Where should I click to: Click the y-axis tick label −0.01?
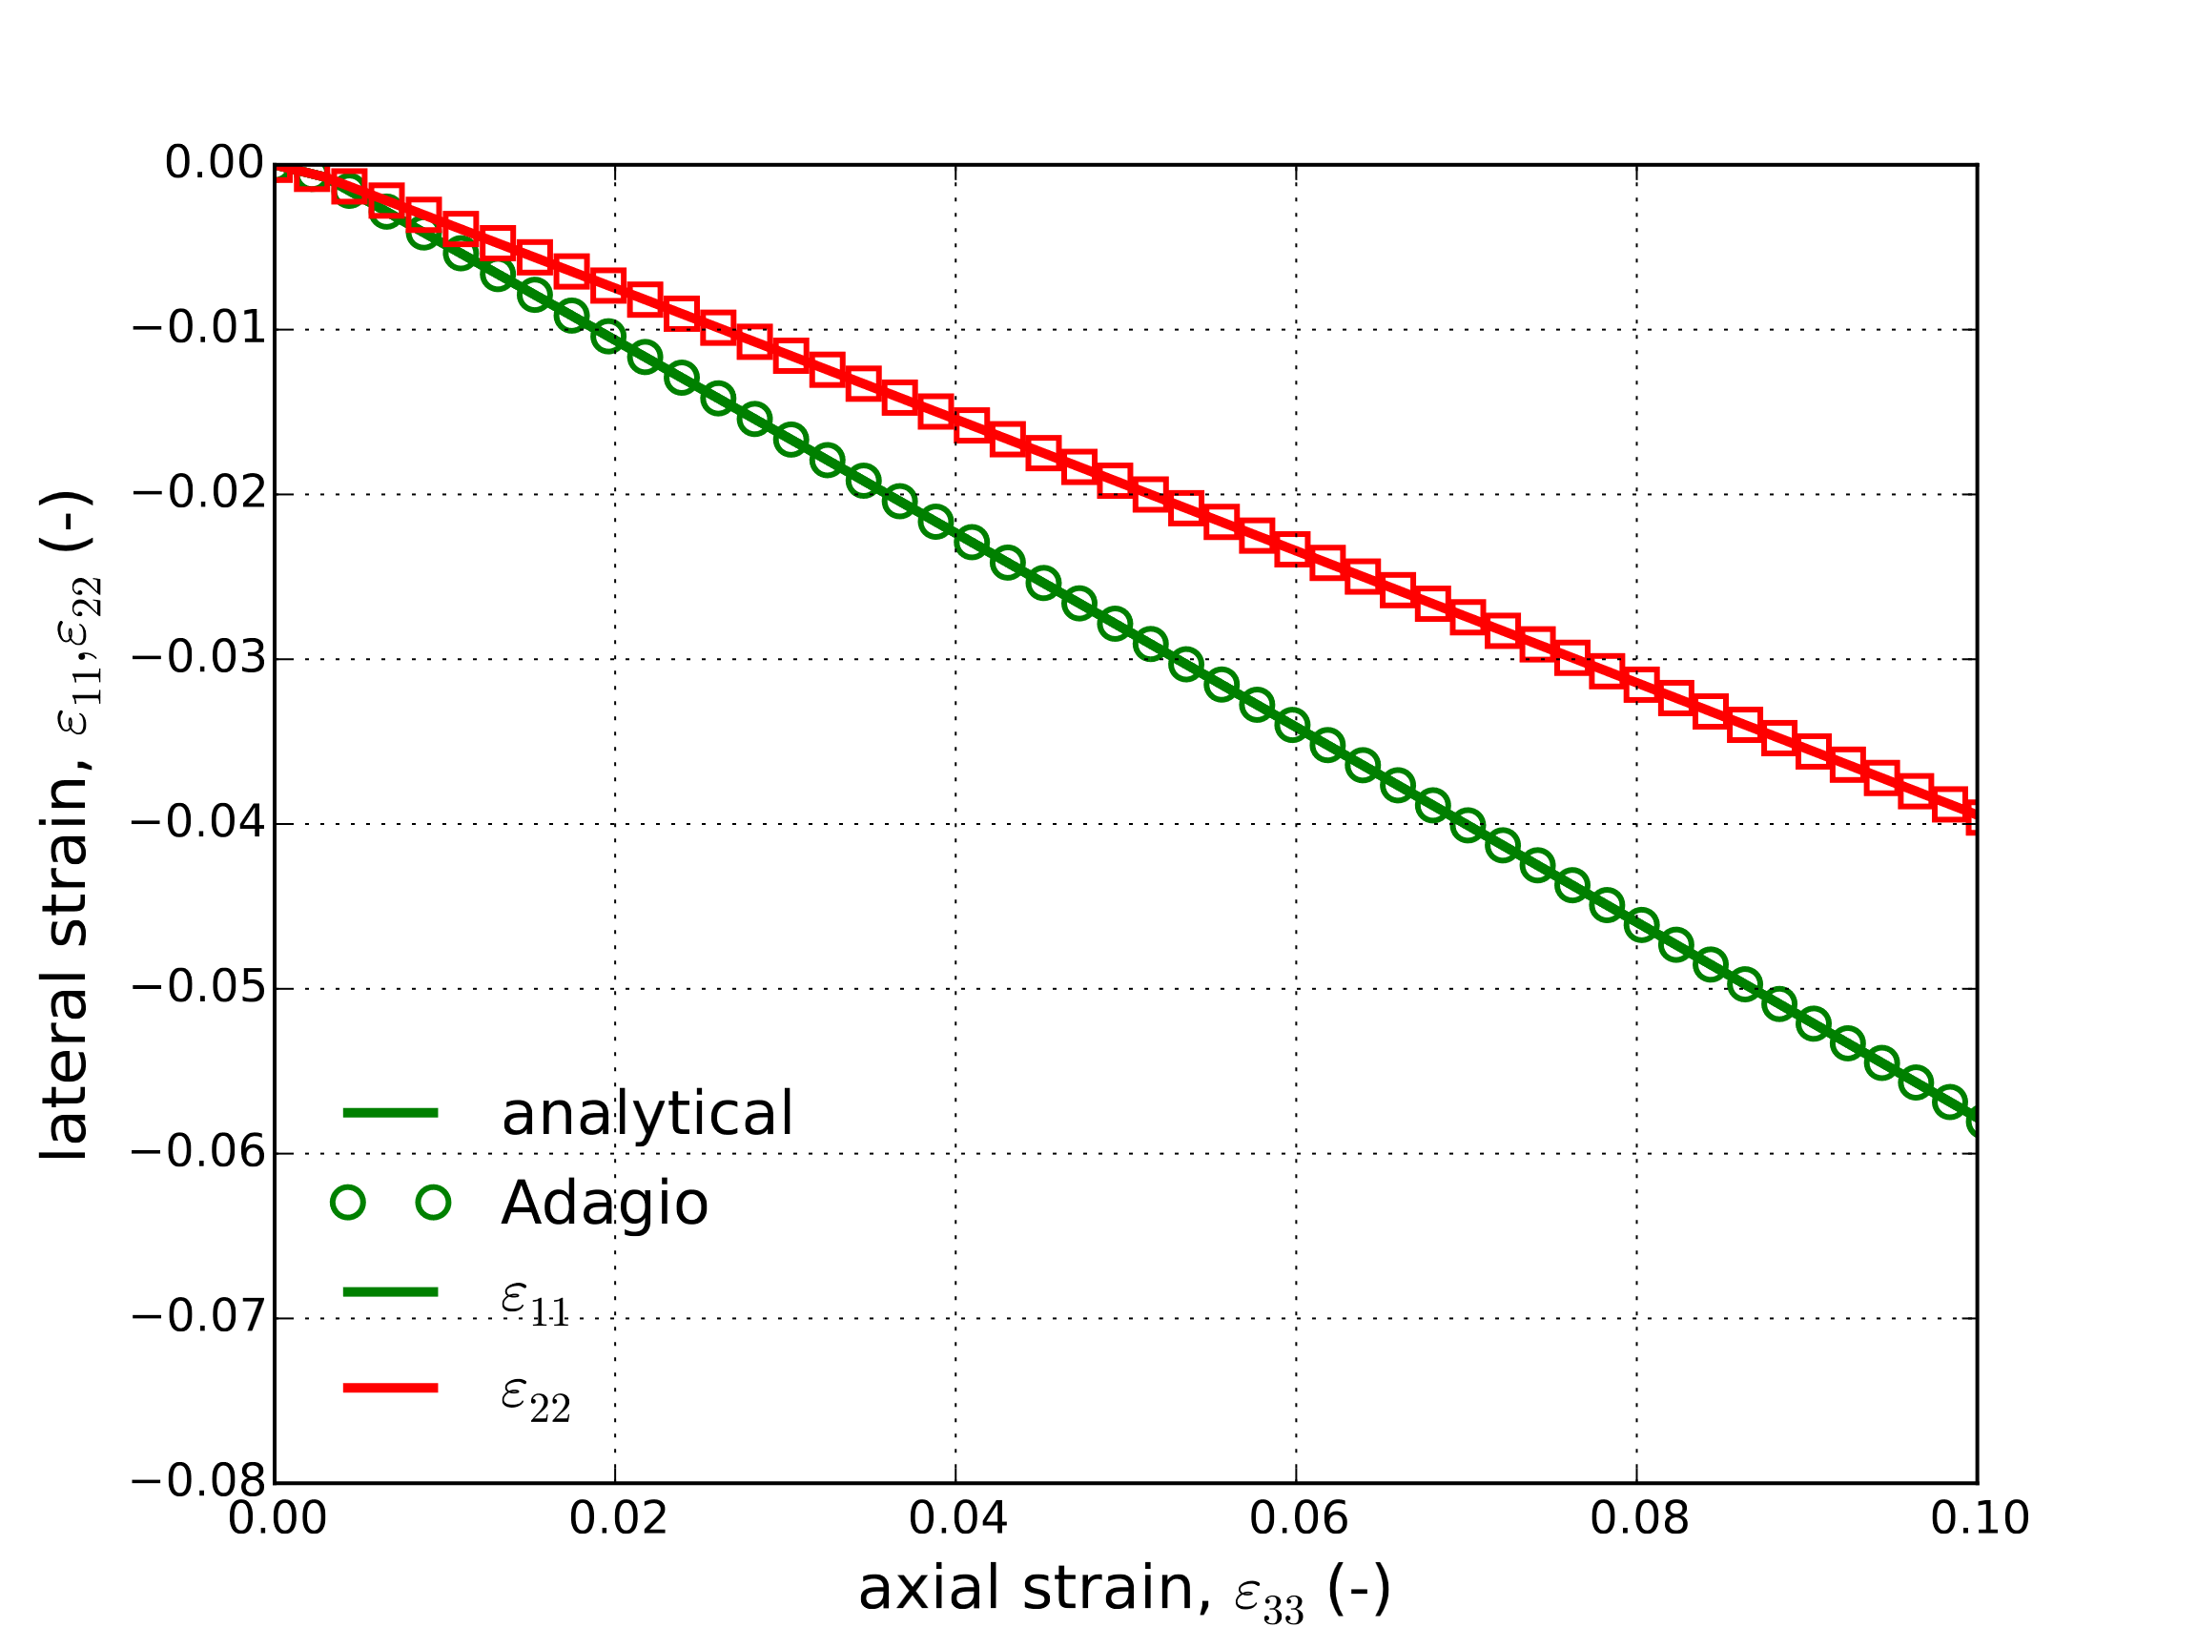pos(198,329)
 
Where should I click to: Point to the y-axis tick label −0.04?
pos(198,823)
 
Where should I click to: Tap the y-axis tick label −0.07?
pos(198,1318)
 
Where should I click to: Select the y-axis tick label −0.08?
pos(198,1482)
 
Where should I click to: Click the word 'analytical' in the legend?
pos(647,1115)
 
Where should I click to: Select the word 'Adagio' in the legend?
pos(604,1205)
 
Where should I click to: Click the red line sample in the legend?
pos(390,1388)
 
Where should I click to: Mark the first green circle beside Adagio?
pos(348,1204)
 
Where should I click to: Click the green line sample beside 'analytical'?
pos(390,1113)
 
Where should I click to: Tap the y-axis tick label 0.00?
pos(215,164)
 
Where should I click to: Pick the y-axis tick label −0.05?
pos(198,988)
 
